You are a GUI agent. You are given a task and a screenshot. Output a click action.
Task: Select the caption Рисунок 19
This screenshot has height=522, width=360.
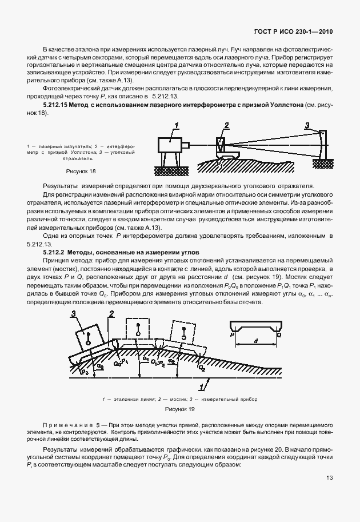179,408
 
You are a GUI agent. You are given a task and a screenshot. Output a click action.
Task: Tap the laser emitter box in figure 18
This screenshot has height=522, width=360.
169,143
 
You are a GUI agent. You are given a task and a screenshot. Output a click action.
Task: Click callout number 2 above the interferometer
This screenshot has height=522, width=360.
226,125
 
